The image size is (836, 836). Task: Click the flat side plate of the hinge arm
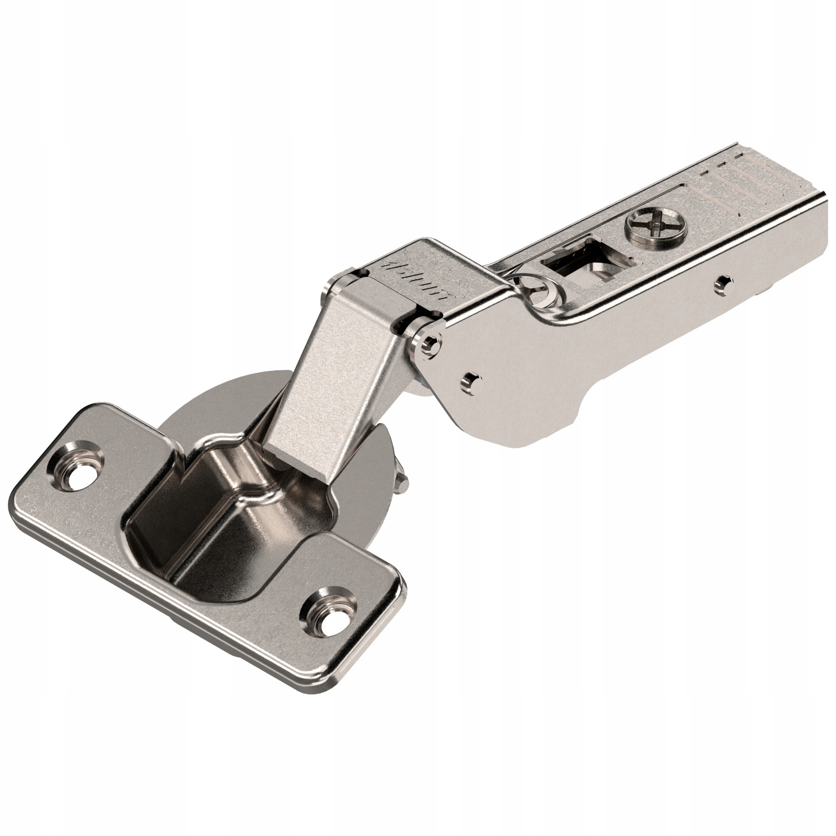tap(534, 367)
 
